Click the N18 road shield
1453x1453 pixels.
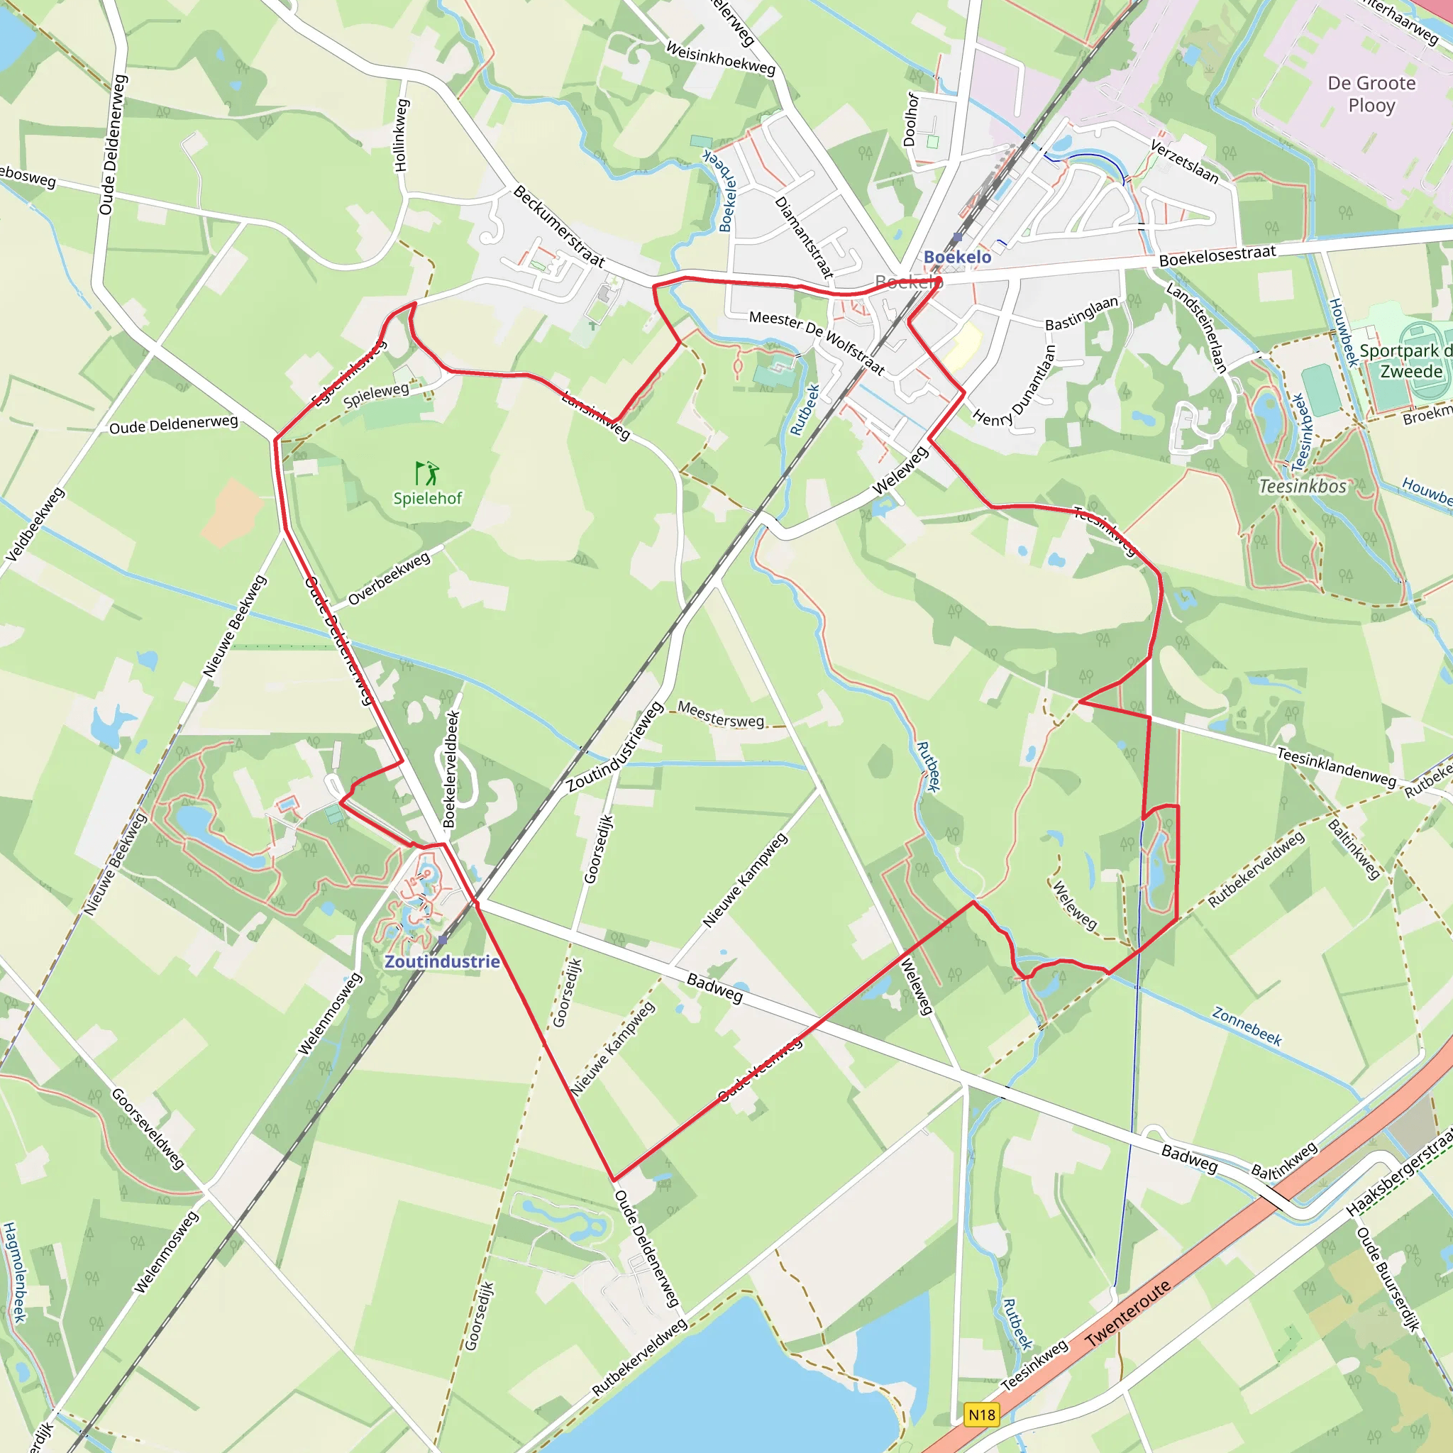click(981, 1415)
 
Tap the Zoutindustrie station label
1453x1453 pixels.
click(442, 961)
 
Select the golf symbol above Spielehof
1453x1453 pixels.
click(426, 473)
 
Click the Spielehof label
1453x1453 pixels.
click(427, 498)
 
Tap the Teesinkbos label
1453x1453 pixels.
click(1303, 487)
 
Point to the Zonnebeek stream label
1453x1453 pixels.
click(1246, 1027)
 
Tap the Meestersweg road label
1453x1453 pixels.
click(721, 714)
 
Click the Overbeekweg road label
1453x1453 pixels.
click(390, 578)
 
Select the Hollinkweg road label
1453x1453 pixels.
click(401, 136)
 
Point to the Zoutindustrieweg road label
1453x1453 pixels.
click(615, 747)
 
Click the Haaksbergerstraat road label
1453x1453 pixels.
click(1400, 1175)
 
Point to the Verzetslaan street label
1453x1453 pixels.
click(1184, 161)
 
